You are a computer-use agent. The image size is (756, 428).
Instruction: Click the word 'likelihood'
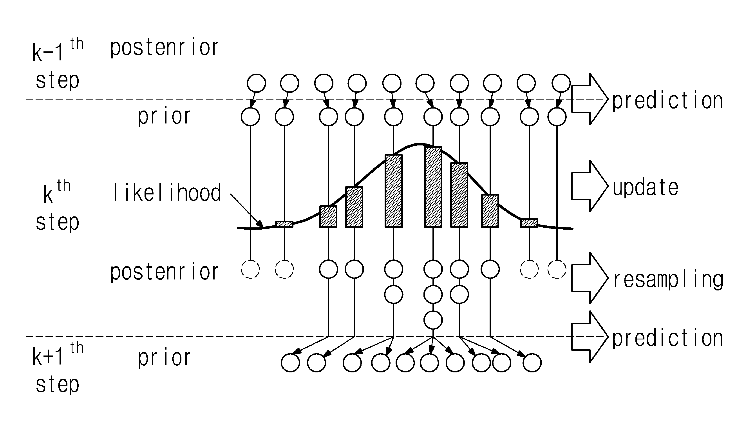[167, 192]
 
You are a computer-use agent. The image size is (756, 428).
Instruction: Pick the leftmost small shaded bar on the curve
[284, 224]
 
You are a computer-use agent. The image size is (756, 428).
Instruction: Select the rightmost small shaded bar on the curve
[529, 223]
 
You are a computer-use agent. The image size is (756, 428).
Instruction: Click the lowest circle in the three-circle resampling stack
[433, 320]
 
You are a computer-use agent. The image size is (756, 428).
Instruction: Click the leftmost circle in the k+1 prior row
[290, 363]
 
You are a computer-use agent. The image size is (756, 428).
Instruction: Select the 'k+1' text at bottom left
[48, 357]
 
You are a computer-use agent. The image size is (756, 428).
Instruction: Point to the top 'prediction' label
[667, 101]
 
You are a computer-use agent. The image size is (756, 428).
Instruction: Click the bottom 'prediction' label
[667, 338]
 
